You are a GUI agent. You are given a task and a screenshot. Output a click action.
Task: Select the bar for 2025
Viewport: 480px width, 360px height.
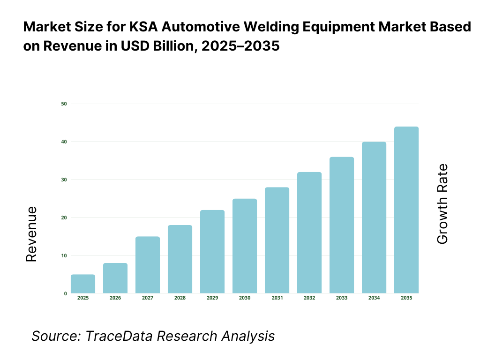pyautogui.click(x=83, y=284)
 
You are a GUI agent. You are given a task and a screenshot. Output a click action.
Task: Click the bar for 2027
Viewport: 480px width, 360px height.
pyautogui.click(x=148, y=265)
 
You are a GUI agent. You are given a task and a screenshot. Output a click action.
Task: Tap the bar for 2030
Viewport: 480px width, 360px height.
pyautogui.click(x=245, y=246)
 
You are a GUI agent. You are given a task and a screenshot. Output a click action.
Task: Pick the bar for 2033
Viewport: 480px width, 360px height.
pyautogui.click(x=342, y=225)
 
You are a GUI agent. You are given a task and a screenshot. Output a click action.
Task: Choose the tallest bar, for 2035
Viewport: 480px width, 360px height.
pyautogui.click(x=406, y=210)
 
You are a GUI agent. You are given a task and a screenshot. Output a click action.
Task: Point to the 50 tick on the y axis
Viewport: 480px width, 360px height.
pyautogui.click(x=64, y=104)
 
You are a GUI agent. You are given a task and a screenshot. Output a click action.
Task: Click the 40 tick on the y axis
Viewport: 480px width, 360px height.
pyautogui.click(x=64, y=142)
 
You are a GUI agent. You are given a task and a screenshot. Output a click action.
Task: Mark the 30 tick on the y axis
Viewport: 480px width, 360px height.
pyautogui.click(x=64, y=180)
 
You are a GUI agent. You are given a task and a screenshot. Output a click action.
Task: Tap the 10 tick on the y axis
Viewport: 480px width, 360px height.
pyautogui.click(x=64, y=255)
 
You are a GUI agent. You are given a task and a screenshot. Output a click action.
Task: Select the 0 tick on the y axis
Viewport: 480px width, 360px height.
pyautogui.click(x=65, y=293)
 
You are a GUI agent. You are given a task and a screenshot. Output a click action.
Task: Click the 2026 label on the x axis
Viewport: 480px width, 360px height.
pyautogui.click(x=115, y=298)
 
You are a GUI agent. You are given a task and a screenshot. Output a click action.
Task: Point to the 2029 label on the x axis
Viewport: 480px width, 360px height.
pyautogui.click(x=212, y=298)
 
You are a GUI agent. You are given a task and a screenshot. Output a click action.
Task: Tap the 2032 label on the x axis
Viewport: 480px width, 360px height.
pyautogui.click(x=309, y=298)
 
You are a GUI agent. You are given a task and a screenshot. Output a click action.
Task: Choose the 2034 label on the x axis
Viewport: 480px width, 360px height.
pyautogui.click(x=374, y=298)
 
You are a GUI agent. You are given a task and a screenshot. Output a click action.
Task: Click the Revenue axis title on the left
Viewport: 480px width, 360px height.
pyautogui.click(x=31, y=234)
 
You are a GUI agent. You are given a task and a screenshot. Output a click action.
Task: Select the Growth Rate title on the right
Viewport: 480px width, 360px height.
pyautogui.click(x=442, y=204)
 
